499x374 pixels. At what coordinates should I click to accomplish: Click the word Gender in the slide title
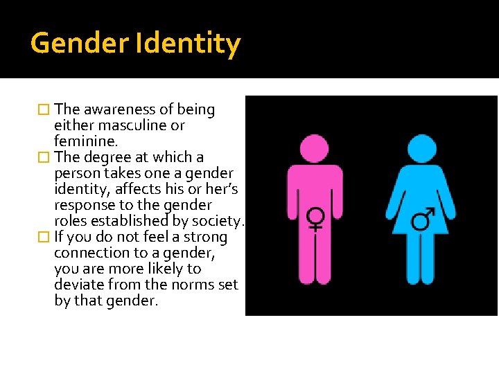pyautogui.click(x=78, y=44)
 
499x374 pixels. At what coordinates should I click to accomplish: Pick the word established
pyautogui.click(x=131, y=221)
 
